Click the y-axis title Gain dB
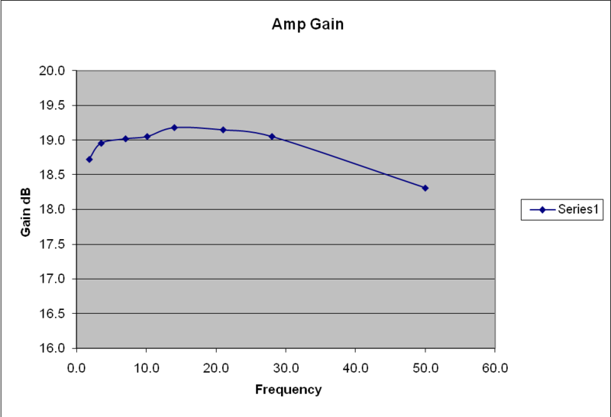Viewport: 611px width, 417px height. tap(26, 209)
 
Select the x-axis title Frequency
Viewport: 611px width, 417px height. tap(288, 390)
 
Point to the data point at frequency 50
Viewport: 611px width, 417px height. tap(425, 188)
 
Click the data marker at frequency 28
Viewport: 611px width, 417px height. tap(272, 137)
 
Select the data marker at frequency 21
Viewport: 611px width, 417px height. tap(223, 130)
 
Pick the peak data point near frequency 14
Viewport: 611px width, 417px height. tap(174, 128)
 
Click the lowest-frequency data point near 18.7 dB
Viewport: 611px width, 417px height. tap(89, 159)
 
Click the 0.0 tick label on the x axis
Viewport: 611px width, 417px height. tap(76, 367)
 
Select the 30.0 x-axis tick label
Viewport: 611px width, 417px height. tap(286, 367)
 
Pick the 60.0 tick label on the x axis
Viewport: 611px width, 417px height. tap(495, 367)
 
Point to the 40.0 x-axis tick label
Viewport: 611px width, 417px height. tap(355, 367)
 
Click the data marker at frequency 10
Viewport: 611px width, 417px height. tap(147, 137)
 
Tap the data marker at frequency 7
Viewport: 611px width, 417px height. tap(125, 138)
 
